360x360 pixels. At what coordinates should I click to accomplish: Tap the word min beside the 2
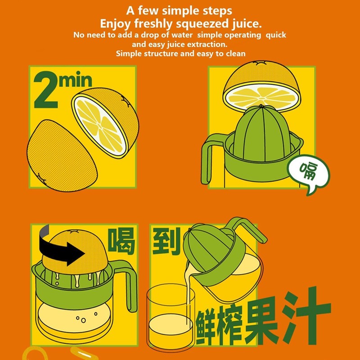pyautogui.click(x=75, y=81)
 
